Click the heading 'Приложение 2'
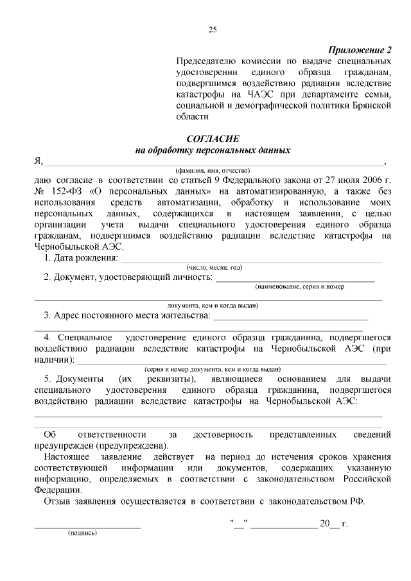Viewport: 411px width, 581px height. [x=360, y=50]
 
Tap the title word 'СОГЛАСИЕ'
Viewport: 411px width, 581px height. [x=212, y=139]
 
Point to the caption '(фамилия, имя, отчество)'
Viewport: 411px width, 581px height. [x=212, y=171]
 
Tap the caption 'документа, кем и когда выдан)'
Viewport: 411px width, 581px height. [x=212, y=306]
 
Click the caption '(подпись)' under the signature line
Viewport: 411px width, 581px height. [x=82, y=532]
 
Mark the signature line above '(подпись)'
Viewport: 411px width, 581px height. [x=87, y=527]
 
